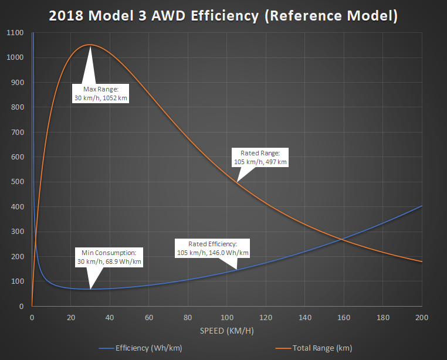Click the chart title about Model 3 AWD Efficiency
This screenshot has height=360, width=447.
tap(223, 16)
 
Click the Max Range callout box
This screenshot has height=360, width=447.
tap(101, 93)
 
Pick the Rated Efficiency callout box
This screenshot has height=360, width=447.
tap(213, 248)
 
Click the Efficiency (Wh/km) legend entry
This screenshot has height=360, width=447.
tap(148, 348)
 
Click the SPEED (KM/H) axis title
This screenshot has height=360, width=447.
tap(227, 330)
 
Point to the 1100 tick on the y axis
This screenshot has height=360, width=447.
tap(16, 33)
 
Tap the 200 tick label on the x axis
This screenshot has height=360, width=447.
tap(422, 317)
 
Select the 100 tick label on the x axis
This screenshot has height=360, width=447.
tap(227, 317)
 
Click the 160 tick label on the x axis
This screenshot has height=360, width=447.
tap(344, 317)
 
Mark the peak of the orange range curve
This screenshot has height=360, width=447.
tap(90, 45)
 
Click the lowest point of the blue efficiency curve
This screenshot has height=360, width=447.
tap(90, 289)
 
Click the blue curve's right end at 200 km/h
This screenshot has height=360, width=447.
tap(422, 206)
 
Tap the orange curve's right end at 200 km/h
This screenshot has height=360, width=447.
tap(422, 261)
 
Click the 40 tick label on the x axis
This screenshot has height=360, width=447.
tap(110, 317)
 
